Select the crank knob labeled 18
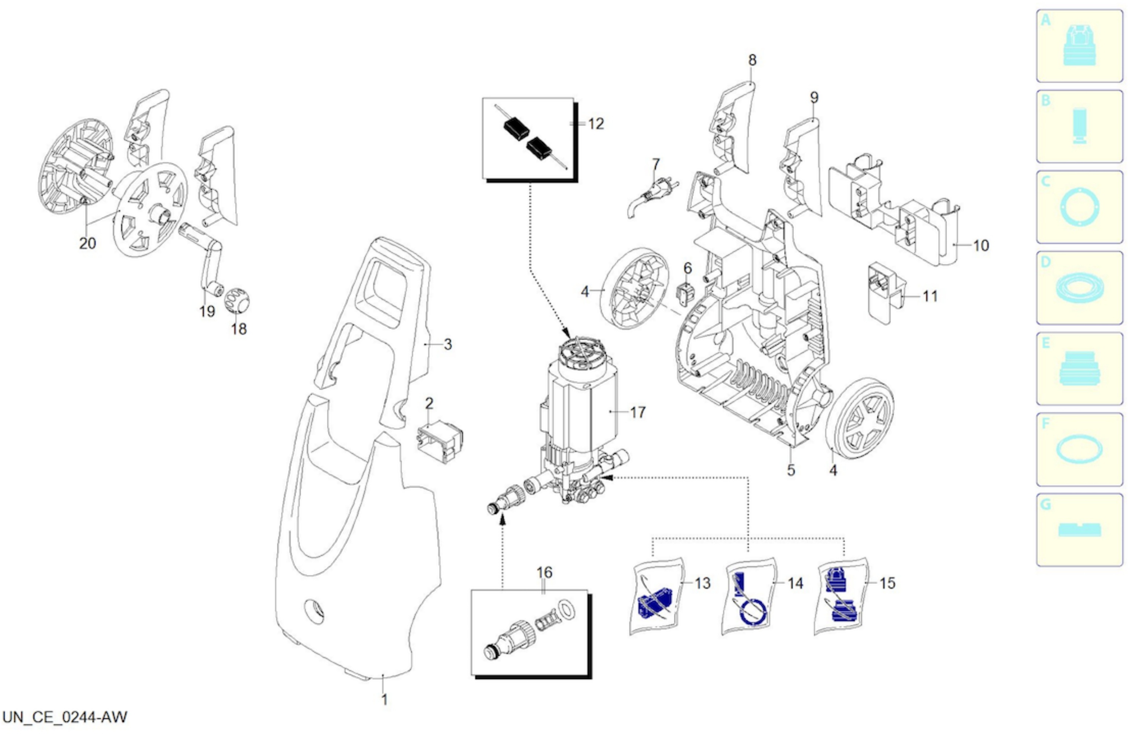click(x=237, y=300)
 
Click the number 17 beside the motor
click(x=638, y=412)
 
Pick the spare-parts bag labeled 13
click(x=656, y=597)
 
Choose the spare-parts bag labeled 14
click(x=749, y=597)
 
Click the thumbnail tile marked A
click(x=1080, y=46)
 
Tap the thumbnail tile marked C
click(x=1080, y=207)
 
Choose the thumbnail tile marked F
click(x=1080, y=449)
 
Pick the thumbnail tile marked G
click(x=1080, y=530)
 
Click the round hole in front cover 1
click(x=314, y=611)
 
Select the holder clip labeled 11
click(x=886, y=293)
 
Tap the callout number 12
click(x=596, y=124)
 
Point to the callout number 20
click(x=87, y=243)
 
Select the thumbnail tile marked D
click(x=1080, y=288)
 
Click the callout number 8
click(x=752, y=60)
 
